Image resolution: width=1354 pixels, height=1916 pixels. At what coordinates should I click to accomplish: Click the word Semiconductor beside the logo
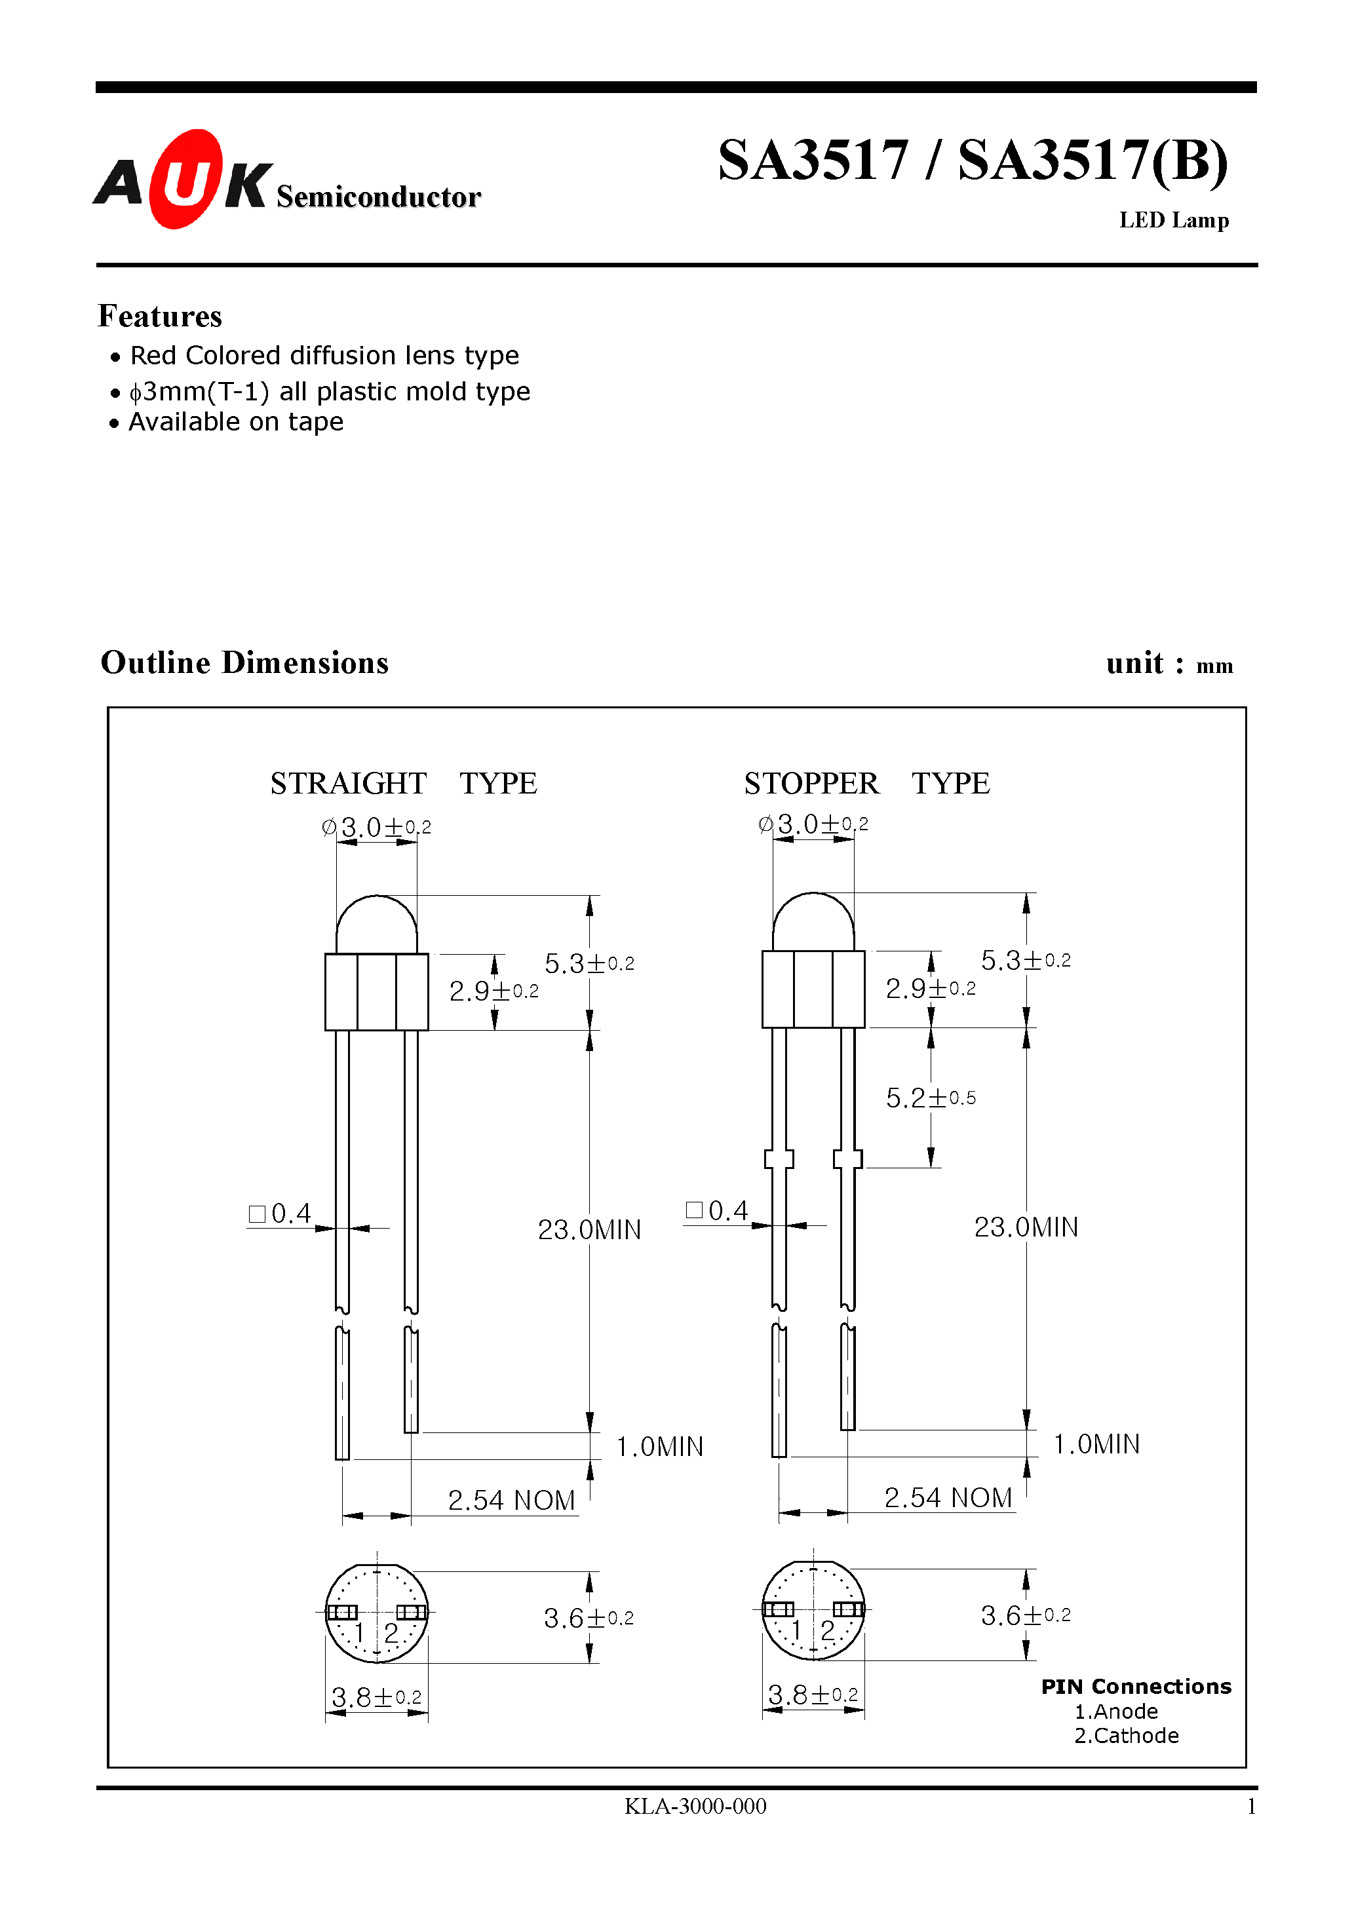[378, 197]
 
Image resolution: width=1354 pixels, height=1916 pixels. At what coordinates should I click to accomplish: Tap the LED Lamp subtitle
[1173, 220]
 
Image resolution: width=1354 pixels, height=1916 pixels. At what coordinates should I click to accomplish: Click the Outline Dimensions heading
[244, 662]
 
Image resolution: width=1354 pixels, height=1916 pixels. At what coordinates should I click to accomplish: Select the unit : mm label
[1169, 663]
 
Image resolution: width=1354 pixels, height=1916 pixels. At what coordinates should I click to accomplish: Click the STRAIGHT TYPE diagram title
[403, 783]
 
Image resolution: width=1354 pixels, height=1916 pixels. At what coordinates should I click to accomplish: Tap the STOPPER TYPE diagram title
[866, 783]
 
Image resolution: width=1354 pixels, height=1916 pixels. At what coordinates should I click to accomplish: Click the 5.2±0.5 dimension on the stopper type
[930, 1098]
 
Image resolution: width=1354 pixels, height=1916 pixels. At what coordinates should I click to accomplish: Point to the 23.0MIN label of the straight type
[589, 1229]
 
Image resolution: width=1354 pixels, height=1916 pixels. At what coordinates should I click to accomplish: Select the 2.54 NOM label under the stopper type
[948, 1497]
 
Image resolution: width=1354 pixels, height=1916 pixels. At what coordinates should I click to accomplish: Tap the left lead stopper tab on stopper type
[778, 1159]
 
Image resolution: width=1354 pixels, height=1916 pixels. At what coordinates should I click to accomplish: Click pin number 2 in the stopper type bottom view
[827, 1630]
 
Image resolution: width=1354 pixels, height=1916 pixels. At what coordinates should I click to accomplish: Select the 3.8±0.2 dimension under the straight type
[376, 1697]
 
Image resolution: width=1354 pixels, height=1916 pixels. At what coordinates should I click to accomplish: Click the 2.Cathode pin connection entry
[1125, 1736]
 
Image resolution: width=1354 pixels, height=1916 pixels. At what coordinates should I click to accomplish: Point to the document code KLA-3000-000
[695, 1806]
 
